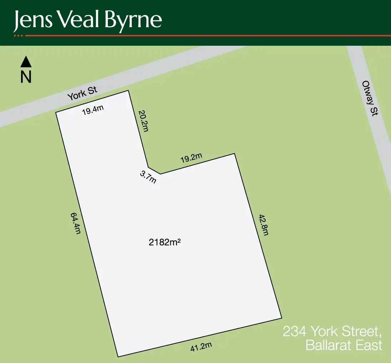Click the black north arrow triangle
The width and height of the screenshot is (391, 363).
point(26,62)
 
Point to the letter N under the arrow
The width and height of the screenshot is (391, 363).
point(26,77)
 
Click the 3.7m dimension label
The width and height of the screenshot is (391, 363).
point(148,177)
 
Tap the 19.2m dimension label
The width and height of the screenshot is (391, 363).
point(191,158)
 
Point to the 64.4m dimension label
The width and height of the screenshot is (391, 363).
point(75,223)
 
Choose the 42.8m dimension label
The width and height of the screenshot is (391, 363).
point(264,225)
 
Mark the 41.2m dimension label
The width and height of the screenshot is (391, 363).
point(201,347)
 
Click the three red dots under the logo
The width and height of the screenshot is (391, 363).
point(18,36)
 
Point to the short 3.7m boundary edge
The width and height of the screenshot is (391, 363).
point(154,170)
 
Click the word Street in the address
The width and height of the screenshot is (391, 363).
point(357,332)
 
